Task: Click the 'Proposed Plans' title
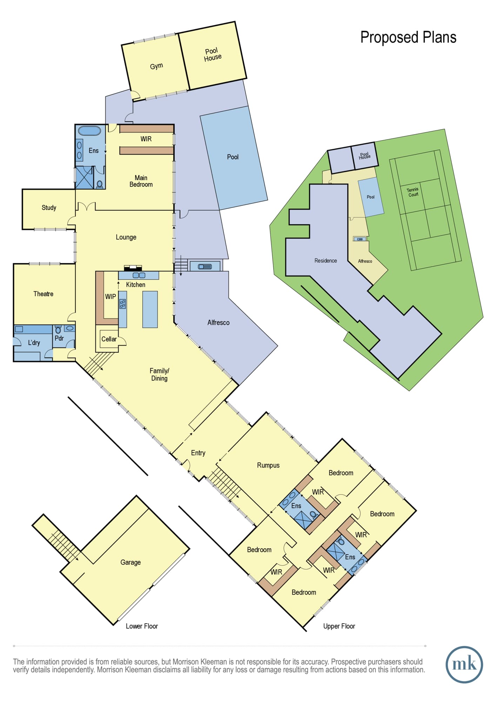(x=408, y=38)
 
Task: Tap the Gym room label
(x=156, y=66)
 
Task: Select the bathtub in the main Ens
(x=89, y=131)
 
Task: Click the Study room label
(x=49, y=207)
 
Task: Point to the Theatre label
(x=43, y=294)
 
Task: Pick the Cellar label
(x=109, y=339)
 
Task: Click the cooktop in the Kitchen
(x=122, y=304)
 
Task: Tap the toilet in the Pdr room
(x=58, y=330)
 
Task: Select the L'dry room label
(x=34, y=343)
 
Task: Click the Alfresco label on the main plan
(x=218, y=323)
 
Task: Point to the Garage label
(x=130, y=562)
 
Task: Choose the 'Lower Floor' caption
(x=142, y=626)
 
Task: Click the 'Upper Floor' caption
(x=339, y=626)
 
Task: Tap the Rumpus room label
(x=268, y=465)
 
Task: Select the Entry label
(x=198, y=453)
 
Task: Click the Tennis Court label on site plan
(x=413, y=192)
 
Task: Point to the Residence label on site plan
(x=326, y=260)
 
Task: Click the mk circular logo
(x=464, y=665)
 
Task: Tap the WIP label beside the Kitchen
(x=110, y=297)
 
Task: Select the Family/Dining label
(x=159, y=375)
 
